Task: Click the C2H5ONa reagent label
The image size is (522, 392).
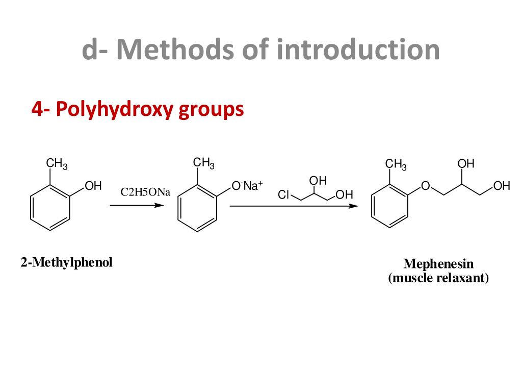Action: [145, 192]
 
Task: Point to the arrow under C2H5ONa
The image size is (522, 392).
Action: [137, 205]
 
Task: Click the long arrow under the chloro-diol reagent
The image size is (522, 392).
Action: [293, 206]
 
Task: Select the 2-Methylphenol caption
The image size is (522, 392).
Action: [66, 262]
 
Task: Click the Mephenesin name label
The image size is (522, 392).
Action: [438, 263]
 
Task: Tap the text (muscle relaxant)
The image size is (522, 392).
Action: [438, 278]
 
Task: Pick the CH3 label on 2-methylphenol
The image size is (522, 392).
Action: [57, 164]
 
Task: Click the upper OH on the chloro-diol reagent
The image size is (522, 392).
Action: [318, 181]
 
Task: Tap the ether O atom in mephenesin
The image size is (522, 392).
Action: [425, 187]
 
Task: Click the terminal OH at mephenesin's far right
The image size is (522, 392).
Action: [502, 186]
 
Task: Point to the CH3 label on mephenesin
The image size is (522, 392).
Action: [396, 164]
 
